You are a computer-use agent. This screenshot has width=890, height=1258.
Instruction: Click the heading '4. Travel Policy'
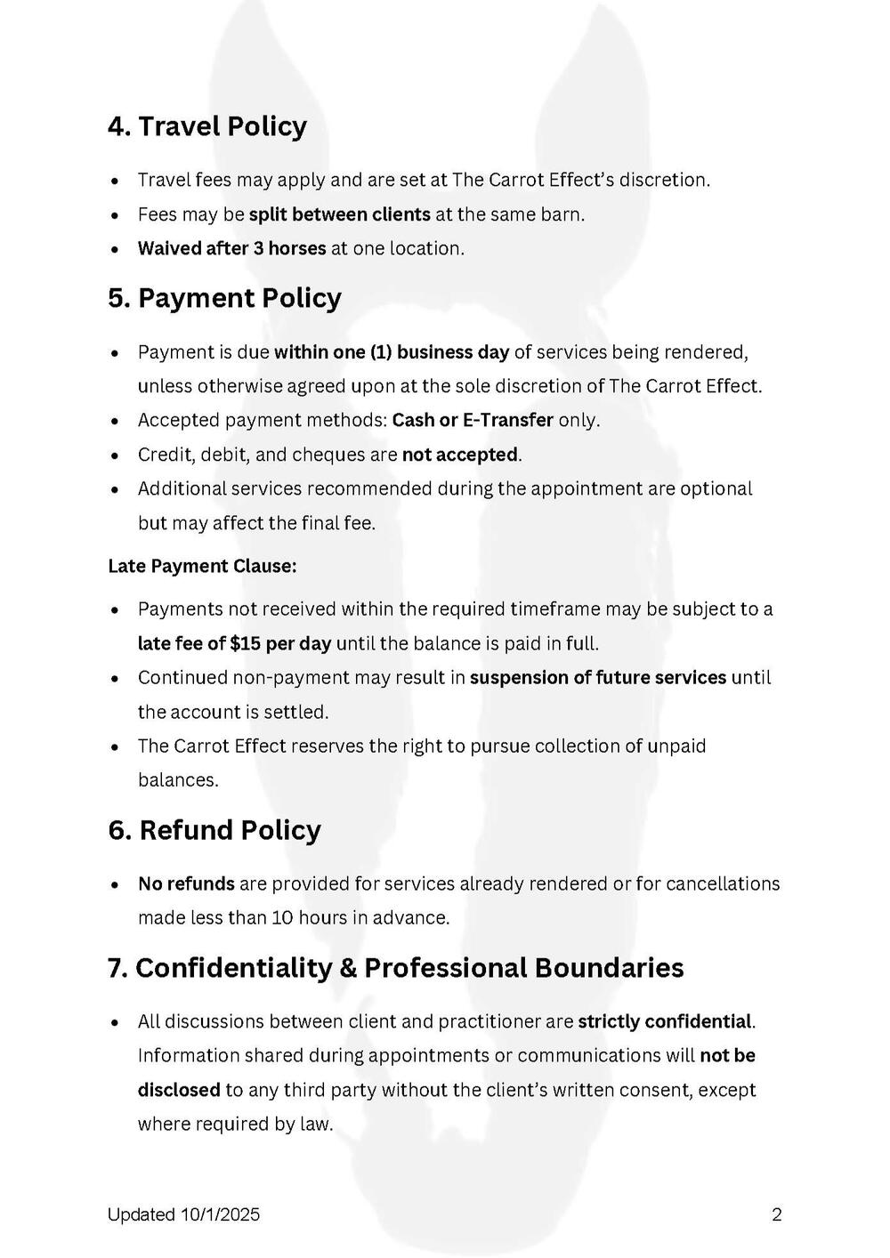pos(206,126)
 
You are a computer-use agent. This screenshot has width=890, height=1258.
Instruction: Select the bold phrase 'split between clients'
pos(339,214)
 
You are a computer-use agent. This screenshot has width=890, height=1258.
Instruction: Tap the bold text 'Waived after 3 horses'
pos(231,248)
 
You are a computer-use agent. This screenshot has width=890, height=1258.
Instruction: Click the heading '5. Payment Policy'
pos(224,298)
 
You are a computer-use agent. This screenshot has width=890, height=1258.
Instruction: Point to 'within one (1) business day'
pos(391,352)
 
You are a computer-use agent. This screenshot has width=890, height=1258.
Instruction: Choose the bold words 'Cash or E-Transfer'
pos(473,420)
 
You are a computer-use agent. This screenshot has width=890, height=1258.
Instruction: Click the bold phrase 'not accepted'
pos(459,455)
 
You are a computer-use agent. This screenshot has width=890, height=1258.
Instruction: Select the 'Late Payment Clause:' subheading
pos(202,566)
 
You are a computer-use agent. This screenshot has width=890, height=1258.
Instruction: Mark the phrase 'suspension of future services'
pos(598,678)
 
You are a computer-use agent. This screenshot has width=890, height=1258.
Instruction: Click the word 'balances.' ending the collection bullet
pos(178,780)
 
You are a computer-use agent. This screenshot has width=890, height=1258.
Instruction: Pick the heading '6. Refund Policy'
pos(214,830)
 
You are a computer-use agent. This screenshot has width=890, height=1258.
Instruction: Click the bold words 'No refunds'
pos(186,884)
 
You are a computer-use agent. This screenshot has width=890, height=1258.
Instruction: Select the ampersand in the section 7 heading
pos(348,968)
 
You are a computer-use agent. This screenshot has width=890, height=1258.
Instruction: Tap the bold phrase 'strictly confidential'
pos(664,1021)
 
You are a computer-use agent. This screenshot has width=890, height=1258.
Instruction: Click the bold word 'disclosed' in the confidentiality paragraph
pos(179,1090)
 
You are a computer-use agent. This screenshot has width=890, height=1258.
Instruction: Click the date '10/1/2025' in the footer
pos(220,1214)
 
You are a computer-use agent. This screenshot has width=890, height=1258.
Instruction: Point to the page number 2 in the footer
pos(777,1214)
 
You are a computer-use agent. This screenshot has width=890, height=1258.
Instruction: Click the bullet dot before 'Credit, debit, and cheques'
pos(116,456)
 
